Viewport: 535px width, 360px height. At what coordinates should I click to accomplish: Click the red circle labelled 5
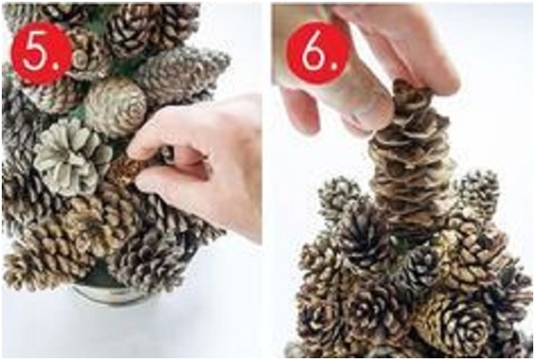pyautogui.click(x=41, y=54)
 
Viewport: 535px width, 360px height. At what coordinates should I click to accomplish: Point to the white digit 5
pyautogui.click(x=35, y=54)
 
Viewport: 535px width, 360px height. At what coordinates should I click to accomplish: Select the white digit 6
pyautogui.click(x=313, y=53)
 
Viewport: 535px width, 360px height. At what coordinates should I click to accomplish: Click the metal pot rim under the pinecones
pyautogui.click(x=109, y=294)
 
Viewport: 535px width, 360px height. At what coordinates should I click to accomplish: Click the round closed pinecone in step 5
pyautogui.click(x=116, y=107)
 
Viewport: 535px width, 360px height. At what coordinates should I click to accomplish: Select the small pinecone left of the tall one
pyautogui.click(x=341, y=198)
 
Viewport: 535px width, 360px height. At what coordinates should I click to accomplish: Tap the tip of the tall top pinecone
pyautogui.click(x=409, y=83)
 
